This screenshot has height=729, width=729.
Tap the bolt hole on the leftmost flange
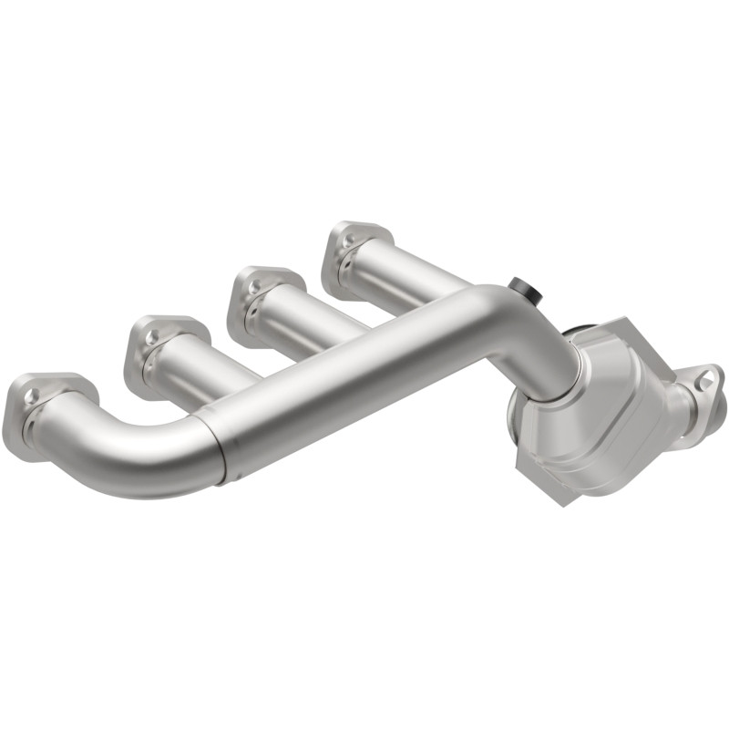pyautogui.click(x=35, y=395)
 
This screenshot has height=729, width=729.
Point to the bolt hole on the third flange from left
pyautogui.click(x=252, y=286)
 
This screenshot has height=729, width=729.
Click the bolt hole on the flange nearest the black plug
pyautogui.click(x=352, y=238)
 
